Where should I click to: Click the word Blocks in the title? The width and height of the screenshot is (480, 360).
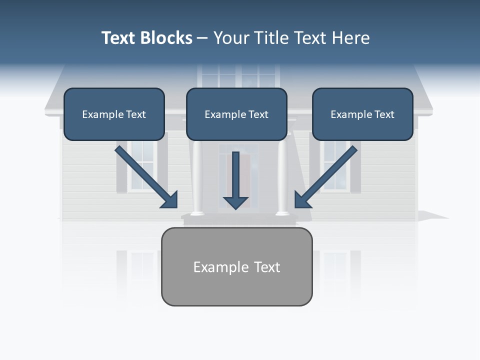click(166, 38)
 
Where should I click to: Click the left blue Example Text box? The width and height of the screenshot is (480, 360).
click(114, 114)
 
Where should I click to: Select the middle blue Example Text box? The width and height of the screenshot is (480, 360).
click(236, 114)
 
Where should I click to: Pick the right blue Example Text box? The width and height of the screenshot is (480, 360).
click(362, 114)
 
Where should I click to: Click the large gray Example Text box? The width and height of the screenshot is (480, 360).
click(236, 267)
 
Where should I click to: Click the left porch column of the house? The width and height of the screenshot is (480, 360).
click(197, 177)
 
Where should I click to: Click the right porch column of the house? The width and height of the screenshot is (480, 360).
click(283, 177)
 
